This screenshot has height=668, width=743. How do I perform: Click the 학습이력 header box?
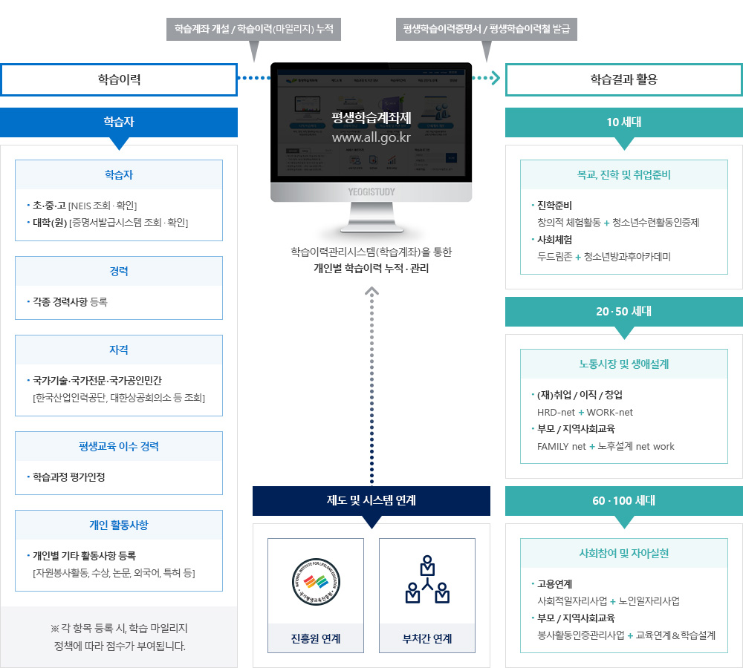(x=119, y=79)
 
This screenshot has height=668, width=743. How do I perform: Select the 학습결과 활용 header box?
(x=623, y=79)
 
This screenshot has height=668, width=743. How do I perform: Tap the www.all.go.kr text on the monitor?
(x=371, y=137)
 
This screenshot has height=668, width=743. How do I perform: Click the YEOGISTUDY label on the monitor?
(x=371, y=191)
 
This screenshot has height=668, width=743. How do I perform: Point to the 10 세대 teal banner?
(x=623, y=122)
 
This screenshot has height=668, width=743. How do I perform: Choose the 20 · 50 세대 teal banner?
(x=623, y=312)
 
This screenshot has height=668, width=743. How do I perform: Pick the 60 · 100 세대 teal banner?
(x=623, y=501)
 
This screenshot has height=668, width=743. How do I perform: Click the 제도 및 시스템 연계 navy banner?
(x=371, y=500)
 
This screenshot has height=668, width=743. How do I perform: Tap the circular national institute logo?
(x=316, y=580)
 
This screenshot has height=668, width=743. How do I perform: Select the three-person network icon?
(x=427, y=579)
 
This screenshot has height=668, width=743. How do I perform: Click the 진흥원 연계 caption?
(x=316, y=638)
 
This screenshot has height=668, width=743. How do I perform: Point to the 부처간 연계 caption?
(x=427, y=638)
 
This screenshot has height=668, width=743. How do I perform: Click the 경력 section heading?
(x=119, y=271)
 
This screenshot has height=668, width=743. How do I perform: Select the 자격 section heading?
(x=119, y=350)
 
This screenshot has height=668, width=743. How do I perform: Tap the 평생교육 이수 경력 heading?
(x=119, y=446)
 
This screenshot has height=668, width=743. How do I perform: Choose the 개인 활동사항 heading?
(x=119, y=525)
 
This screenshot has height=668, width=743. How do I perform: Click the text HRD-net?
(x=557, y=412)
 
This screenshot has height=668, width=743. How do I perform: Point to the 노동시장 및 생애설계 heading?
(x=623, y=364)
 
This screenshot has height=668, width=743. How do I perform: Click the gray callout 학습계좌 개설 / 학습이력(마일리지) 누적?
(x=253, y=30)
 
